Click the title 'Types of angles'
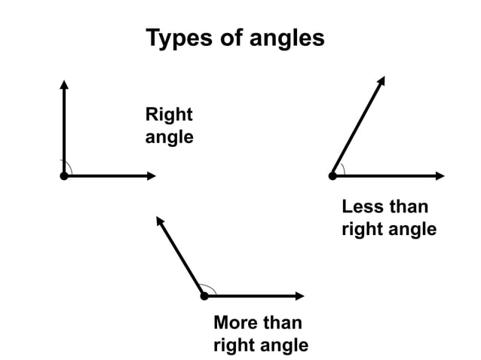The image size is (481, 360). tap(234, 38)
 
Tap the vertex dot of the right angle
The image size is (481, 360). tap(64, 175)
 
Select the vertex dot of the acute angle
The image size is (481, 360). tap(332, 175)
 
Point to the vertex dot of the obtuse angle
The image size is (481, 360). tap(204, 296)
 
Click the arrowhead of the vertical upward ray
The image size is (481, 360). tap(64, 83)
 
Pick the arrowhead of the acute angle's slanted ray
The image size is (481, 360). tap(382, 81)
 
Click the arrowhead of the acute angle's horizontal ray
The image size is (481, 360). tap(441, 175)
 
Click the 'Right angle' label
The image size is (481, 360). tap(169, 126)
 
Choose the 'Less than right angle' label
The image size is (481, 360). tap(388, 218)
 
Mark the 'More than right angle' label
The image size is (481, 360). tap(260, 334)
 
